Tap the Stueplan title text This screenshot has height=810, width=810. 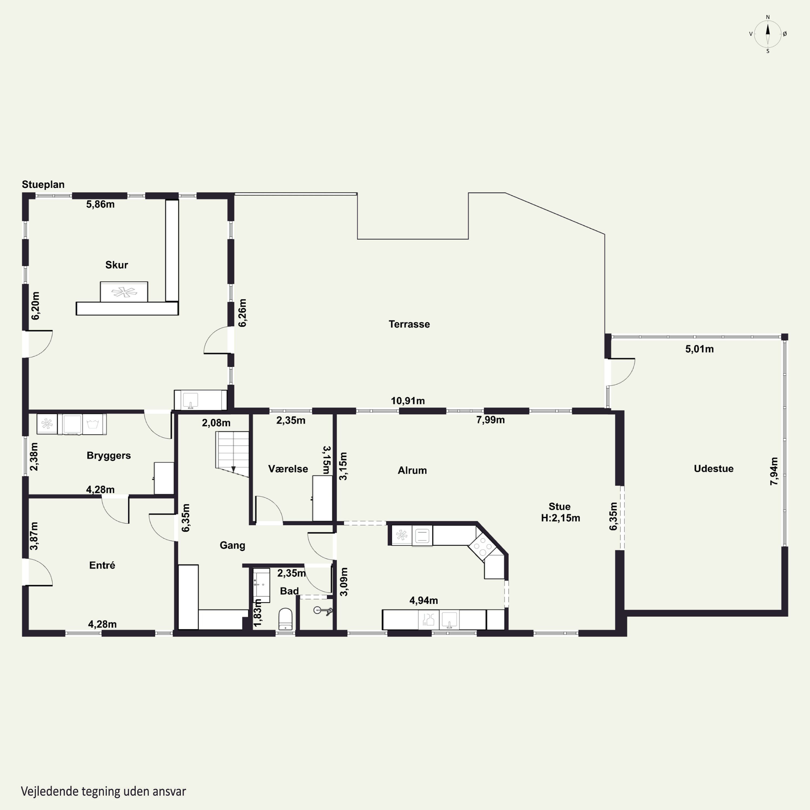[43, 184]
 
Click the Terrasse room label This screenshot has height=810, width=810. [409, 324]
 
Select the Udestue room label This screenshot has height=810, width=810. [714, 469]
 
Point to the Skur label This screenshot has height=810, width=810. [117, 265]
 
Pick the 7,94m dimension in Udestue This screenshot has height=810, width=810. [774, 471]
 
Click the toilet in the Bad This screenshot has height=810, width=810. [285, 619]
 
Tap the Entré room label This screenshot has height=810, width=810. [102, 565]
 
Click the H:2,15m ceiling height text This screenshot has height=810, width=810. [561, 518]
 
